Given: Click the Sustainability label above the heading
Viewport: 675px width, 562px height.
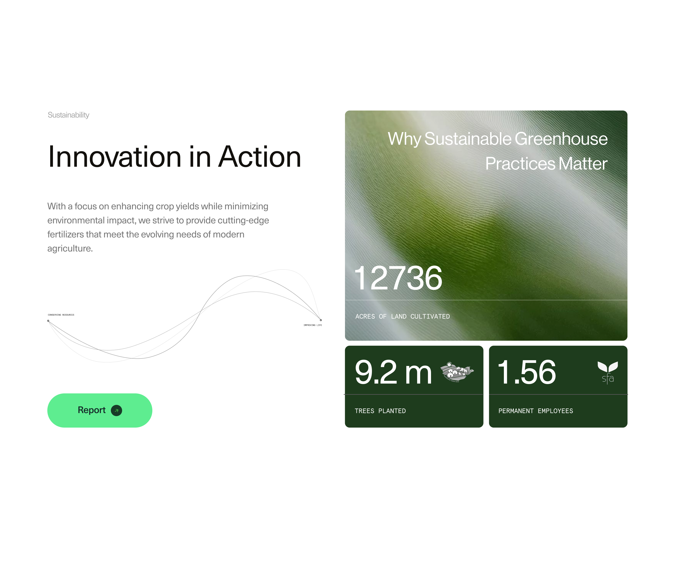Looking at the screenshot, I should coord(68,115).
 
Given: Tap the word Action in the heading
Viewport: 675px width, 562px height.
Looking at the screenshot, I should coord(260,157).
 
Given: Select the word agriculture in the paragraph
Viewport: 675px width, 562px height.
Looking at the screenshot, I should coord(70,248).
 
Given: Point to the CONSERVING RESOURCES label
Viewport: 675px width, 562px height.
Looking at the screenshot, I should coord(61,315).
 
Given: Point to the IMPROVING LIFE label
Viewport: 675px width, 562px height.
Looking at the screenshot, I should coord(312,325).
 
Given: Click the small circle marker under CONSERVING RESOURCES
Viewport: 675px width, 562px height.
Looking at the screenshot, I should coord(48,321).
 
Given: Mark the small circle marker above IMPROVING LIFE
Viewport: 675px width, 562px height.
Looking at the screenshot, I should coord(321,320).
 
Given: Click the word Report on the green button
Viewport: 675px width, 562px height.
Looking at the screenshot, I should coord(92,410).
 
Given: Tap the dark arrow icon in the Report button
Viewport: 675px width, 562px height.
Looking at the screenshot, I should coord(116,410).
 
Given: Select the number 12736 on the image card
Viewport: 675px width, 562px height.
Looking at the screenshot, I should coord(398,278).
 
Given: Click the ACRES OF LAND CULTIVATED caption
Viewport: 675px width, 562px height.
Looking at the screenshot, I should coord(402,317).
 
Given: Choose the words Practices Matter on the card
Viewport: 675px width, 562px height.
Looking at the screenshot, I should coord(546,164).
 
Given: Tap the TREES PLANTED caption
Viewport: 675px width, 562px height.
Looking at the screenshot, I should coord(380,411).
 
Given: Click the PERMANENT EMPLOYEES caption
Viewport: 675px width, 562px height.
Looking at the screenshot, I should coord(536,411).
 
